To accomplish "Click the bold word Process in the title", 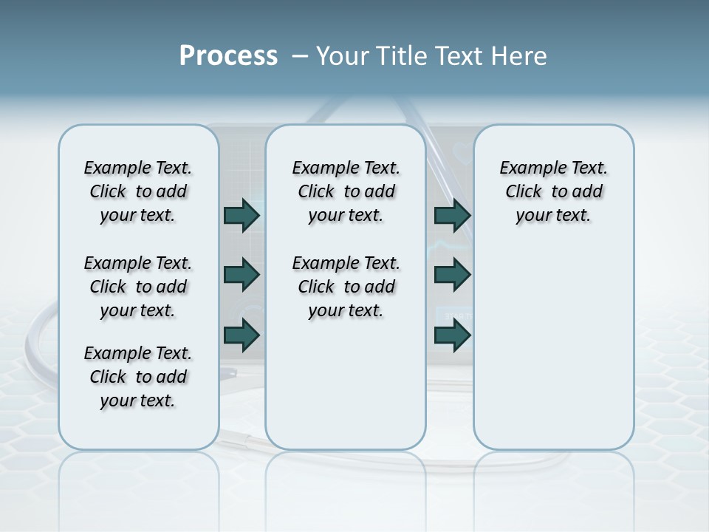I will pyautogui.click(x=228, y=55).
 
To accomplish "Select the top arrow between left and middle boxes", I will pyautogui.click(x=242, y=215).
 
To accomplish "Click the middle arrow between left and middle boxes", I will pyautogui.click(x=242, y=275).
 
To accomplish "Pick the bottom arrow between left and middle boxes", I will pyautogui.click(x=242, y=335).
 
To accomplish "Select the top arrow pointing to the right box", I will pyautogui.click(x=452, y=215).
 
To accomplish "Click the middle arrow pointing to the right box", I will pyautogui.click(x=452, y=275).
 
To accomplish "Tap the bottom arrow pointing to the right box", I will pyautogui.click(x=452, y=335).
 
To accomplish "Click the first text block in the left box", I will pyautogui.click(x=138, y=191).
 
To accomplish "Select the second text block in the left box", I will pyautogui.click(x=138, y=287).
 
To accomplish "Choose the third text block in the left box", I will pyautogui.click(x=138, y=377).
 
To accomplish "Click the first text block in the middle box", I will pyautogui.click(x=346, y=191).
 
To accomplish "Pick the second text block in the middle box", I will pyautogui.click(x=346, y=287).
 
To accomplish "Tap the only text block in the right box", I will pyautogui.click(x=553, y=191).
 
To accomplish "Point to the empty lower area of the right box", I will pyautogui.click(x=553, y=347).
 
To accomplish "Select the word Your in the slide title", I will pyautogui.click(x=342, y=56).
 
